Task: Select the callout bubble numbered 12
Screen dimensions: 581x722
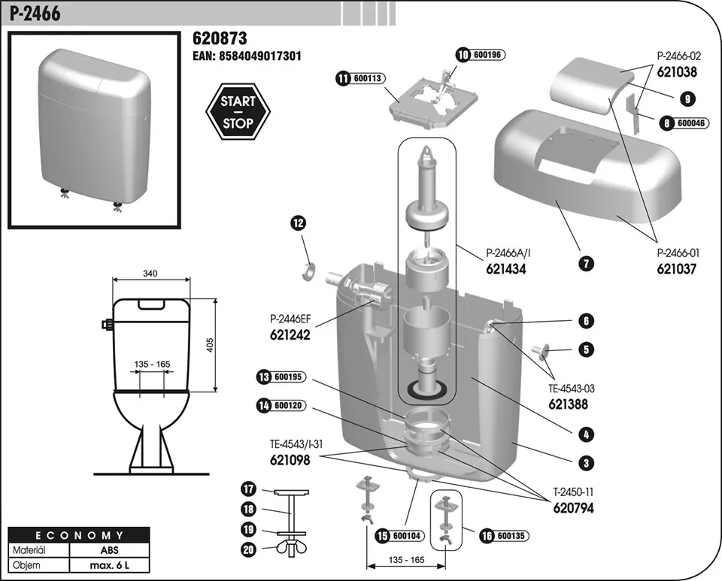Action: [x=299, y=222]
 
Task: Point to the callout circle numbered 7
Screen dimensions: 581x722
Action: [x=587, y=263]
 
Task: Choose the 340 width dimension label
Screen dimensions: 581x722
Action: [x=150, y=274]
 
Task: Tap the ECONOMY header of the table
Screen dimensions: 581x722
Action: [x=69, y=535]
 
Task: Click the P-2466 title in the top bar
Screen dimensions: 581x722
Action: [x=36, y=13]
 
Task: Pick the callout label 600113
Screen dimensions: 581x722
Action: [x=368, y=77]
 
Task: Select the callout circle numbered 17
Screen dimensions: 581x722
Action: [x=249, y=489]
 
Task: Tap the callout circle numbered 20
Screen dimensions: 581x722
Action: [x=249, y=549]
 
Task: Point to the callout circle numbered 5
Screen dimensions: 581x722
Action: [x=587, y=349]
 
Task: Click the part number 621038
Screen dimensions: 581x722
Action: [x=677, y=73]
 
